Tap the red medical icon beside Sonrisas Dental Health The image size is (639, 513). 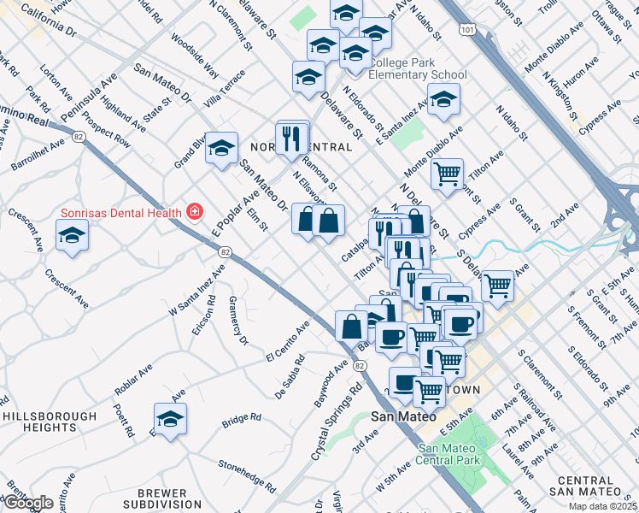point(196,212)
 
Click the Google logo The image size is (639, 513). point(28,503)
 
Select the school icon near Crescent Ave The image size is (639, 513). point(73,234)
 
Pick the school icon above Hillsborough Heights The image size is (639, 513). point(171,419)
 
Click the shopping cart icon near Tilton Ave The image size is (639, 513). point(448,174)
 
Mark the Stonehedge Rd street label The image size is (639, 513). point(247,478)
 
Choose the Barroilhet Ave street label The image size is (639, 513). point(38,154)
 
